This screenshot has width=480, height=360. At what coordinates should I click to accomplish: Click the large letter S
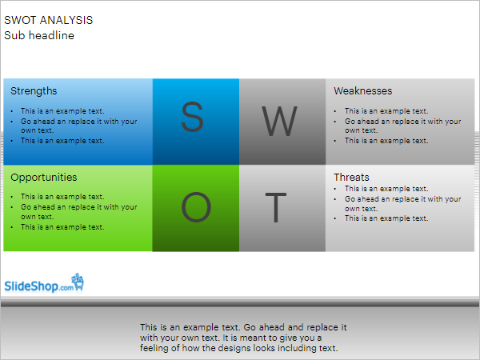pyautogui.click(x=192, y=117)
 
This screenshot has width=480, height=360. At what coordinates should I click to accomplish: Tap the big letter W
pyautogui.click(x=279, y=121)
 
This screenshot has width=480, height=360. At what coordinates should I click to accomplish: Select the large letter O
pyautogui.click(x=196, y=207)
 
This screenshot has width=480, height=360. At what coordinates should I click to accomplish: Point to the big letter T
pyautogui.click(x=276, y=207)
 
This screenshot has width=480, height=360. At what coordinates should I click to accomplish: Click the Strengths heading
pyautogui.click(x=34, y=91)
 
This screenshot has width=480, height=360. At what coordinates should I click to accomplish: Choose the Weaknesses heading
pyautogui.click(x=362, y=91)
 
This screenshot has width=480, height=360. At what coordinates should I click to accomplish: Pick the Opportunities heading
pyautogui.click(x=44, y=178)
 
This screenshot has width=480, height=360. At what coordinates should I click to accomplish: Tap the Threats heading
pyautogui.click(x=351, y=178)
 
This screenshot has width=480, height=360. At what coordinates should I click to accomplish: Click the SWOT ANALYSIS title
pyautogui.click(x=48, y=20)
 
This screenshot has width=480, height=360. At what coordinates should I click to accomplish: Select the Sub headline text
pyautogui.click(x=39, y=35)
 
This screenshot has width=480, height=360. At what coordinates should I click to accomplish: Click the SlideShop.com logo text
pyautogui.click(x=39, y=286)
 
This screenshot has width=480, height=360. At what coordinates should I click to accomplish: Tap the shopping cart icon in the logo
pyautogui.click(x=78, y=282)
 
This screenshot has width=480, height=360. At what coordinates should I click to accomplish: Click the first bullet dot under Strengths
pyautogui.click(x=12, y=111)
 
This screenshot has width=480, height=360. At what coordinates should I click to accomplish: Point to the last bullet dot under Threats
pyautogui.click(x=335, y=218)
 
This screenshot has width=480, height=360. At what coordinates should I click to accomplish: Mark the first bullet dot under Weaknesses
pyautogui.click(x=335, y=111)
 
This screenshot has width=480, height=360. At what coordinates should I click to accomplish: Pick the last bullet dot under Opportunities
pyautogui.click(x=12, y=227)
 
